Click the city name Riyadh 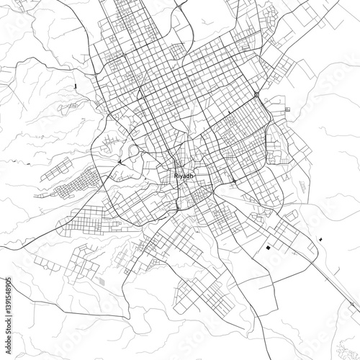pos(185,175)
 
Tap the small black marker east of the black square pos(318,237)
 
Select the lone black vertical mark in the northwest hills pos(75,86)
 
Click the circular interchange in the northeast pos(256,94)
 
